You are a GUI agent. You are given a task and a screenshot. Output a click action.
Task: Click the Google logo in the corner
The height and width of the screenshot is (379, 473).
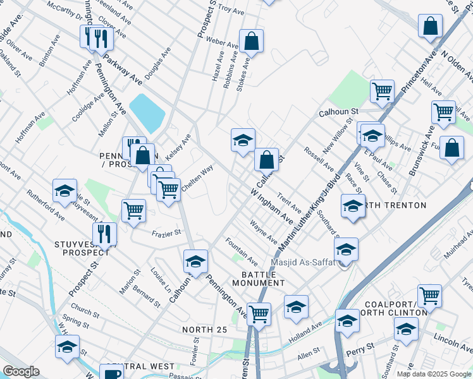pos(21,371)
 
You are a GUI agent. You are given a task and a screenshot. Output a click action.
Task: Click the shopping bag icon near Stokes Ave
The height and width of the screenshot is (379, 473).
pos(251,41)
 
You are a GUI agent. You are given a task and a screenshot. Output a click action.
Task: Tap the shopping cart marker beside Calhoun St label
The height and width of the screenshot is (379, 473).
pos(382,92)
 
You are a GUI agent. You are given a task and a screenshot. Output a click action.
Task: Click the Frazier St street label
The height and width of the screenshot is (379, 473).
pos(166,233)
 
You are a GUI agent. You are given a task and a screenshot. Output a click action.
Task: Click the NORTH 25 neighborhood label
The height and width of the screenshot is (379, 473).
pos(204,330)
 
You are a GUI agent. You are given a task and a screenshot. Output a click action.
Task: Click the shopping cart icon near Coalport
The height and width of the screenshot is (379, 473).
pos(429,295)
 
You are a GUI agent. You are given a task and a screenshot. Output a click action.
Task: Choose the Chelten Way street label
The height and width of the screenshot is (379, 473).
pos(197,176)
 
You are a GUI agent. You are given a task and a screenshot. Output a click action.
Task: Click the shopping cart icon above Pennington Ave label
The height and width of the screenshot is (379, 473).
pos(258,313)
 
